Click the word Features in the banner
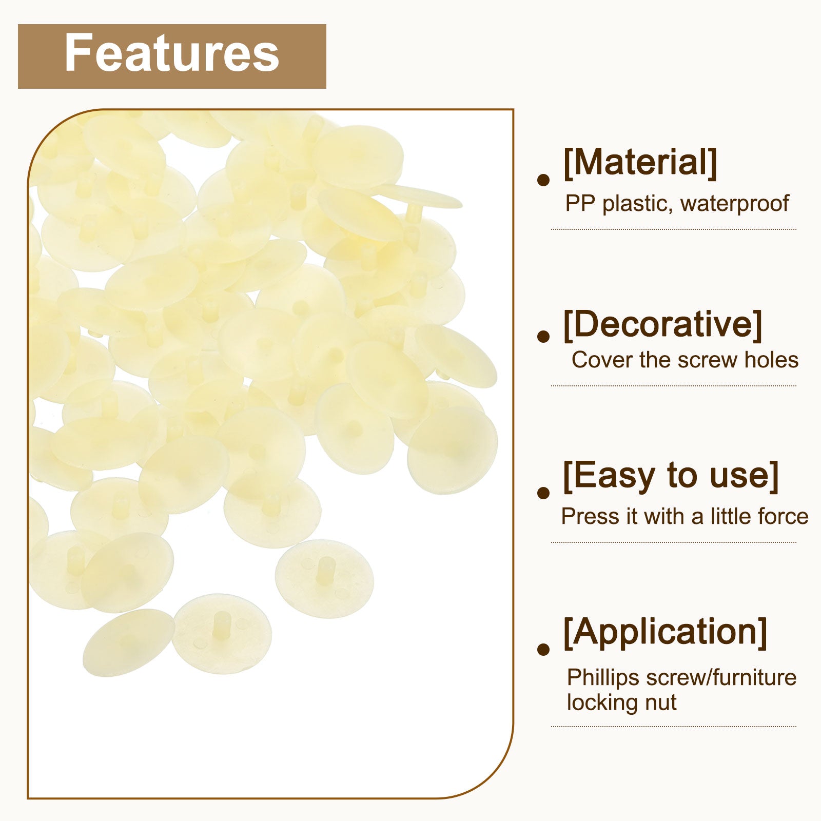click(x=172, y=53)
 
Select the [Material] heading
click(x=640, y=163)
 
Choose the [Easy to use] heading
click(x=671, y=476)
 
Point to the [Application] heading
click(x=665, y=632)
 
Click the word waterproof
click(x=734, y=204)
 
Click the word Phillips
click(x=603, y=678)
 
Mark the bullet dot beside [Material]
click(x=543, y=180)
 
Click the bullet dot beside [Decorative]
click(x=543, y=337)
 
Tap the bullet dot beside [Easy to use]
click(x=543, y=493)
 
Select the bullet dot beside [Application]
click(x=543, y=649)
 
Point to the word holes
click(x=772, y=360)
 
